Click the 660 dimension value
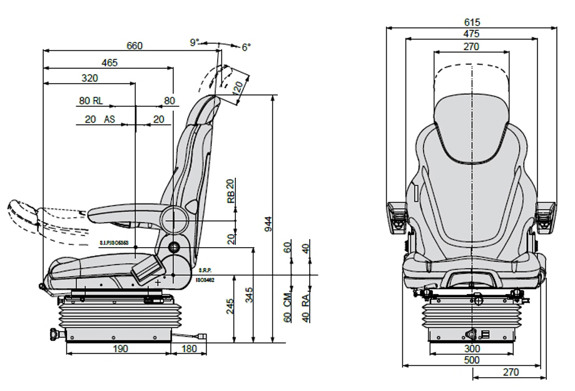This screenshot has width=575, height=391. (x=135, y=46)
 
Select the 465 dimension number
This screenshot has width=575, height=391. (x=109, y=63)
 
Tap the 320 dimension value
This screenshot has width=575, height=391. (x=89, y=78)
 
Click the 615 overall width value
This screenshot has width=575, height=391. (x=472, y=23)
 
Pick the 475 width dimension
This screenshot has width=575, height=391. (x=472, y=34)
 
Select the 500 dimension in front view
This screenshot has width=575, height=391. (x=472, y=360)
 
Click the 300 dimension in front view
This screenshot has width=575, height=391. (x=472, y=348)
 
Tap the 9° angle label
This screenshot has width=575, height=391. (x=195, y=43)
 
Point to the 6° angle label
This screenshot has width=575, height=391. (x=246, y=47)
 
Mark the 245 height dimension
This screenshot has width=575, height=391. (x=230, y=306)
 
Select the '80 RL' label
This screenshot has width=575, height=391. (x=91, y=101)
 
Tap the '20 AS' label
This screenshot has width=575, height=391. (x=99, y=119)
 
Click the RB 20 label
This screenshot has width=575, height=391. (x=230, y=191)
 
